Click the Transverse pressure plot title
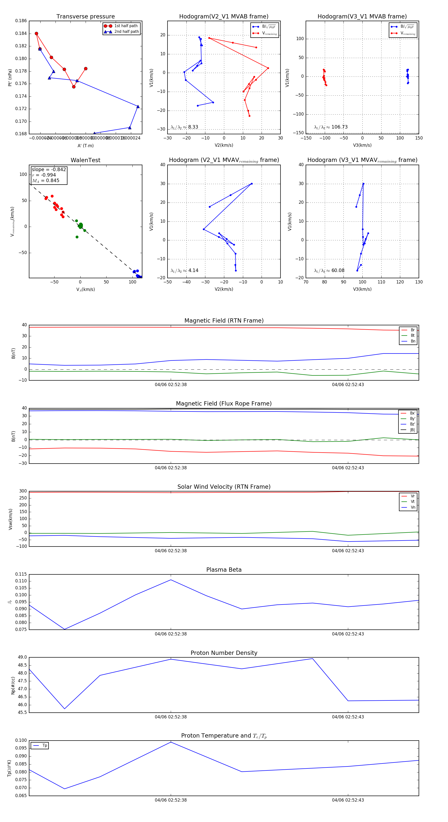point(85,17)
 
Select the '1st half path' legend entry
point(126,26)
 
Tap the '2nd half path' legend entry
point(126,32)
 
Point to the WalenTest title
point(85,160)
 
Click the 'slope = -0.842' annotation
point(49,169)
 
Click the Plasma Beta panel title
point(224,570)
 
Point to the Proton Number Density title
point(224,653)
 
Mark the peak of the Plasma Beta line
point(171,580)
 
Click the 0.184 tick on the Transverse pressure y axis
point(21,34)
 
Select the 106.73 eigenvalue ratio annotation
point(339,127)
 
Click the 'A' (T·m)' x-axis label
point(85,145)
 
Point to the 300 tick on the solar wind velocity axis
point(23,491)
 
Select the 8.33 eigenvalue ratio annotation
point(193,127)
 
